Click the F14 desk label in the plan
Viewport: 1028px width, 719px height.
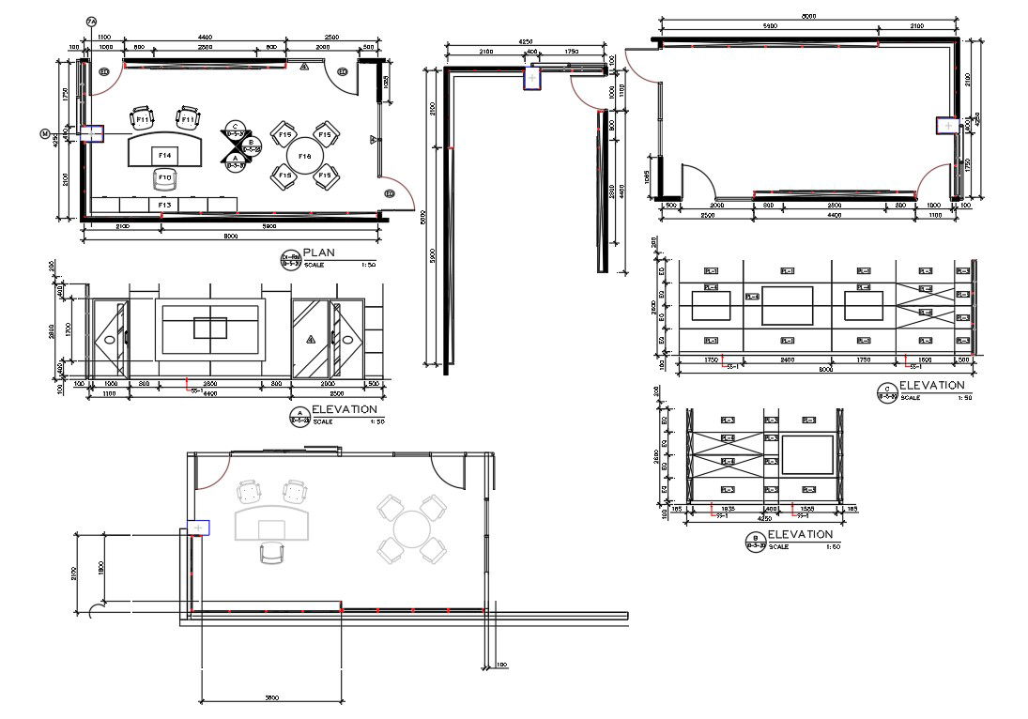click(164, 154)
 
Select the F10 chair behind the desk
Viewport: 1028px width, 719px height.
click(164, 177)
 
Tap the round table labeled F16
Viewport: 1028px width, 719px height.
click(304, 156)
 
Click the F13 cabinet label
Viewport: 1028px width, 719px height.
click(164, 204)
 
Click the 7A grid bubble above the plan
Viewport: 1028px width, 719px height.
click(91, 22)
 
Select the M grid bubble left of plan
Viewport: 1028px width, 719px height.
click(44, 134)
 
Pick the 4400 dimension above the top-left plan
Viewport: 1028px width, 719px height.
click(205, 38)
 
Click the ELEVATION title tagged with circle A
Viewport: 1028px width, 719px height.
click(345, 409)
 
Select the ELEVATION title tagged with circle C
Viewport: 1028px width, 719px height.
click(931, 386)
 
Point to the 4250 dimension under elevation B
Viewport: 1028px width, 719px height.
click(763, 517)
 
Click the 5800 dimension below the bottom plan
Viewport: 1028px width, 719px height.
click(270, 697)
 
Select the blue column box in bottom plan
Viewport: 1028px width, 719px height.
click(198, 528)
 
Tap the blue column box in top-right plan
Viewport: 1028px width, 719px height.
click(947, 125)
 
